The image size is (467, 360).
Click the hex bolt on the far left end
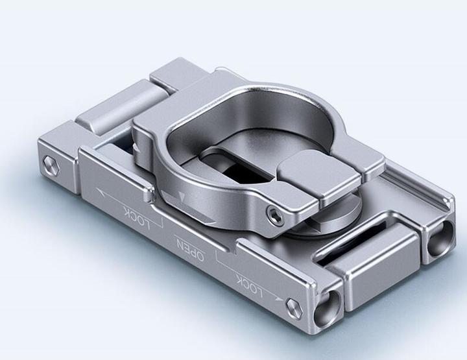pos(51,163)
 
